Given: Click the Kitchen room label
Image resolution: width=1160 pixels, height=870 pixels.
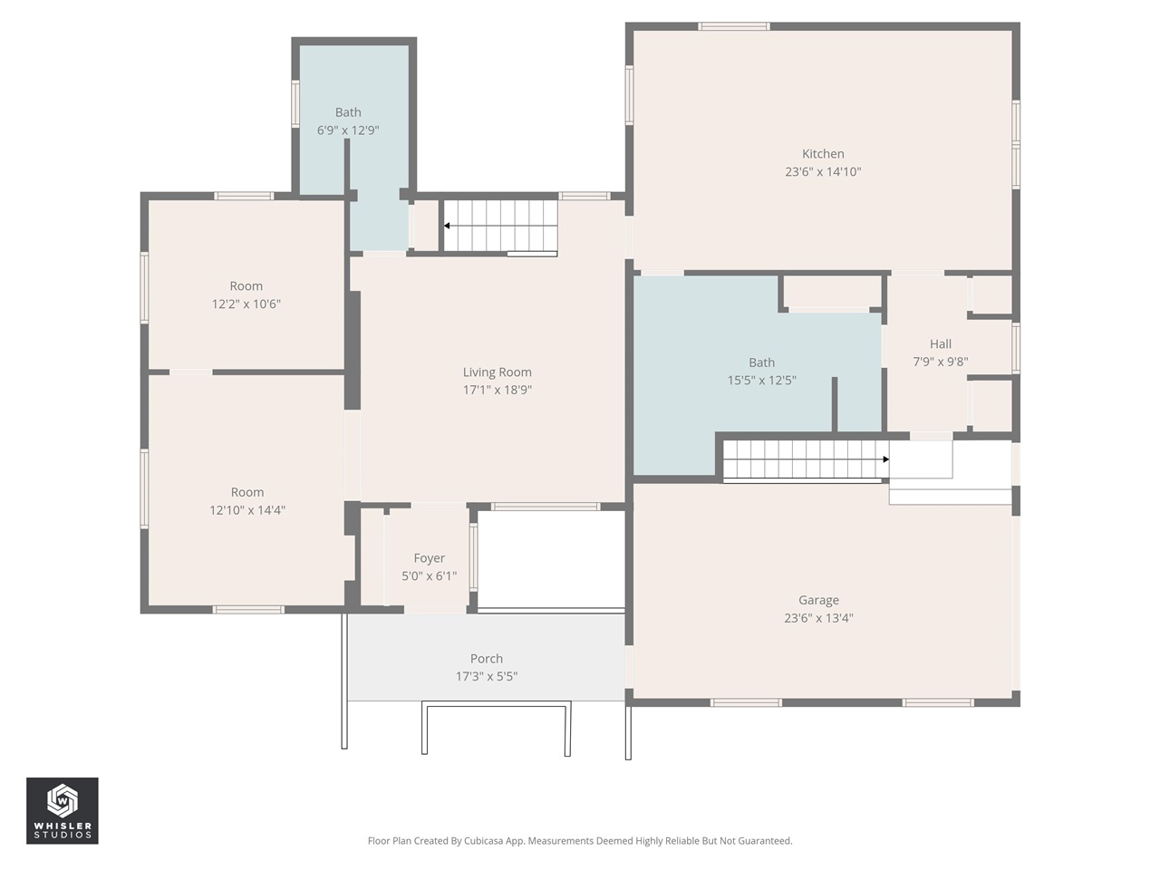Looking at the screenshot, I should [x=823, y=154].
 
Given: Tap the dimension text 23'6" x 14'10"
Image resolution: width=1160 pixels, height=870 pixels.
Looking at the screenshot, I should [x=823, y=171].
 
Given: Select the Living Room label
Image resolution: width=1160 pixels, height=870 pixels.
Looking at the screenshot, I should [x=497, y=372].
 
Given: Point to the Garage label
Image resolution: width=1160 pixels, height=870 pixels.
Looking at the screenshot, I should [x=818, y=600].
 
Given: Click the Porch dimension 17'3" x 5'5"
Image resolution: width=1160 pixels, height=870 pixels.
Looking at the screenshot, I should [x=487, y=676].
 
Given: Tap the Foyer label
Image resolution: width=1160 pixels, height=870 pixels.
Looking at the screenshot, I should [x=429, y=558].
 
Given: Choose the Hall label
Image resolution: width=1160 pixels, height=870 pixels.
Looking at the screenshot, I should [x=940, y=344].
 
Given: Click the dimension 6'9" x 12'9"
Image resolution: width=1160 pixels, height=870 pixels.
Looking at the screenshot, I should [x=348, y=130].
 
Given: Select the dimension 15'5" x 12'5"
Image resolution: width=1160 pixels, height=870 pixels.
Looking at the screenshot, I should [x=761, y=381].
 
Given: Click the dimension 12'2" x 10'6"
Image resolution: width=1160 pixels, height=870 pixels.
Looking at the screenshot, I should [x=246, y=304].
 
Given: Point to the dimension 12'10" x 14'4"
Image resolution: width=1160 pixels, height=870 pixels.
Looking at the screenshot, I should [x=247, y=510].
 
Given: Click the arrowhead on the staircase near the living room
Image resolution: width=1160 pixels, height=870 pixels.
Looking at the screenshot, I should [x=447, y=226].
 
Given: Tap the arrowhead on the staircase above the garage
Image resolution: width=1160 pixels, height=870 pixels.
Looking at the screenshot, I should [x=885, y=459].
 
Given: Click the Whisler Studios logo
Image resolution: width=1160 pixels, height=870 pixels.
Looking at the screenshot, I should [x=63, y=810].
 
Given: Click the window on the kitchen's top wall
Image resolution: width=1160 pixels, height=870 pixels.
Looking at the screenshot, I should [x=734, y=26].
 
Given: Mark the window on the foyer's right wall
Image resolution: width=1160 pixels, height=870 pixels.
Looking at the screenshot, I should [x=473, y=557].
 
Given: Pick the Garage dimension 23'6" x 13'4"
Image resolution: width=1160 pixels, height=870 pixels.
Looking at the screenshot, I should [x=818, y=618].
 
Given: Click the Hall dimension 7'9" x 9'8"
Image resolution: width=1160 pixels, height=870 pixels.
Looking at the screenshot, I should [x=940, y=362].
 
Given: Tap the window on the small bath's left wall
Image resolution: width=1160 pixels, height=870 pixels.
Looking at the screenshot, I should [x=295, y=104].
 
